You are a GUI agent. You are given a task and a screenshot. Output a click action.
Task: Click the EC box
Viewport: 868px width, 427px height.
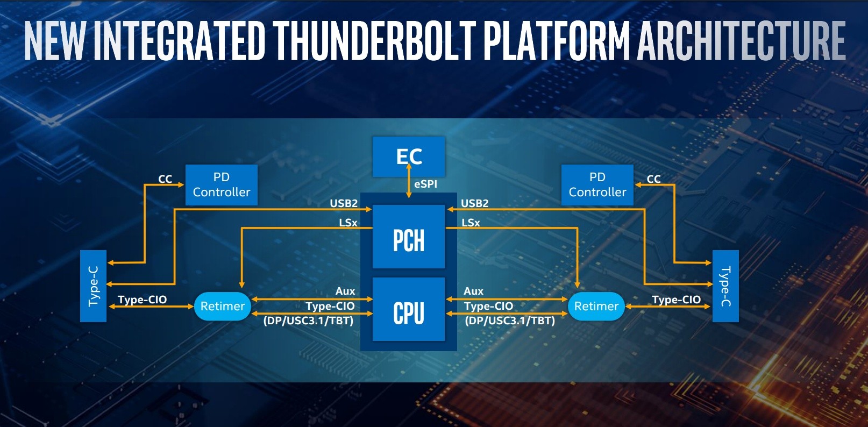408,156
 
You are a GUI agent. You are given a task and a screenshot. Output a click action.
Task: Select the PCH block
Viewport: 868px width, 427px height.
408,237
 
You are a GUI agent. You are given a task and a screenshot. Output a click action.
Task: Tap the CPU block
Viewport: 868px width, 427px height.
408,309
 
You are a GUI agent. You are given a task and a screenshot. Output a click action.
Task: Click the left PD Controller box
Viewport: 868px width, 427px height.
221,185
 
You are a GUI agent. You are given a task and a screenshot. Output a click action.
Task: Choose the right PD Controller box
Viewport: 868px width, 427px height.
597,185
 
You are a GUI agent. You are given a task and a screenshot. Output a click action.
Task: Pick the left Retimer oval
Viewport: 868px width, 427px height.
223,306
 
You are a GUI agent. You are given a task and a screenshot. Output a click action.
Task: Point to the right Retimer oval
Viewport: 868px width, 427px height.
596,306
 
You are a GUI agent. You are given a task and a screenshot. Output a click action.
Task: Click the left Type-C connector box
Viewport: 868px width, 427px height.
94,286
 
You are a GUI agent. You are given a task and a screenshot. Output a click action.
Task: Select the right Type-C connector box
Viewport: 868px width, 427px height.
725,286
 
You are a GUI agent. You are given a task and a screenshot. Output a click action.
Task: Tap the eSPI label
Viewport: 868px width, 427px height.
425,184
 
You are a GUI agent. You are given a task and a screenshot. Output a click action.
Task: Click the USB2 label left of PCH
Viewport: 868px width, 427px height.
344,203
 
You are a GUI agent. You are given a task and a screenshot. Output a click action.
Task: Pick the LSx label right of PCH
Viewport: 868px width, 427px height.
471,223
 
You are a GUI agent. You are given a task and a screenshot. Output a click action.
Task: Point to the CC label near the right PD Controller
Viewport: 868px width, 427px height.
654,179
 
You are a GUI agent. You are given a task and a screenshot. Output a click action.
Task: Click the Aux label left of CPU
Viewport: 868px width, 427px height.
345,291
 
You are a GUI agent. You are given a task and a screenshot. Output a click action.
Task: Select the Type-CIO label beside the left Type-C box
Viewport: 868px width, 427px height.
142,300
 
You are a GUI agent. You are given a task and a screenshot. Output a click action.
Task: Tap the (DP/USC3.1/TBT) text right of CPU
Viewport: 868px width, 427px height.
510,321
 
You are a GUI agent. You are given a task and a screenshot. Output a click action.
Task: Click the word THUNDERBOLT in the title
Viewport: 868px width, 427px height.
374,41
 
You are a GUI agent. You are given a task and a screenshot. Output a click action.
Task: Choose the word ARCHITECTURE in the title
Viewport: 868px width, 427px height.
741,41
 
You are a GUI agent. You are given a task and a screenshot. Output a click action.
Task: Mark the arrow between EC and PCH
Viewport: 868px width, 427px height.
408,181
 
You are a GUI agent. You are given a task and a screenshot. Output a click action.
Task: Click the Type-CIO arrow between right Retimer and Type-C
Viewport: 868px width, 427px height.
668,306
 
